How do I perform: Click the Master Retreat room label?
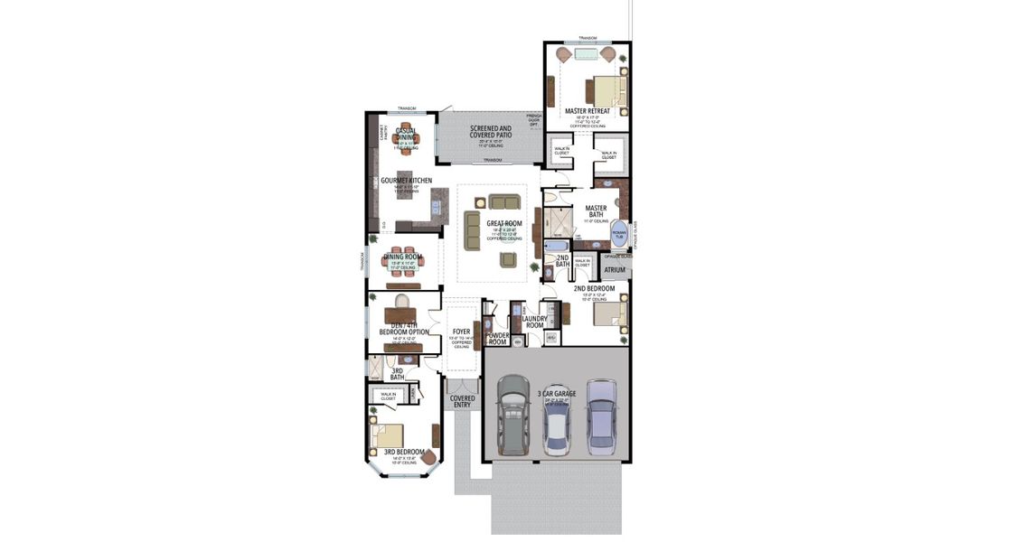[x=588, y=111]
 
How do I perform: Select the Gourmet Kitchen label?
[x=406, y=181]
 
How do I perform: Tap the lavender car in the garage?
[x=601, y=416]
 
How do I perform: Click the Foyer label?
[x=461, y=332]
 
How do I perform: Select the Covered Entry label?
[x=462, y=401]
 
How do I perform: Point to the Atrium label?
[x=615, y=269]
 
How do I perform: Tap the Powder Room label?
[x=497, y=339]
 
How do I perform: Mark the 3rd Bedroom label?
[x=403, y=452]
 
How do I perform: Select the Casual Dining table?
[x=406, y=136]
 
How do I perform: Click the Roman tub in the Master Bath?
[x=619, y=234]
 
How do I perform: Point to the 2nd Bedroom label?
[x=594, y=288]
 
